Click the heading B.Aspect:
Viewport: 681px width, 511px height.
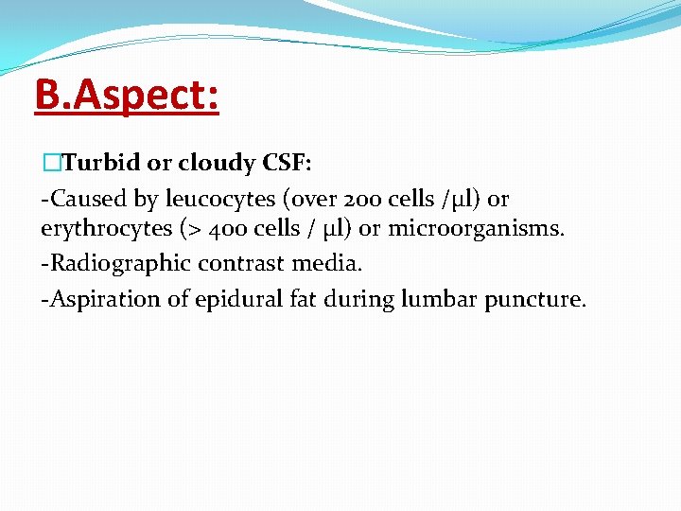point(127,97)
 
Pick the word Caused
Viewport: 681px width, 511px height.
point(92,199)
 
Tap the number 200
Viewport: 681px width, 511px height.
point(364,199)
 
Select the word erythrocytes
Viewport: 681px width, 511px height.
point(102,233)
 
